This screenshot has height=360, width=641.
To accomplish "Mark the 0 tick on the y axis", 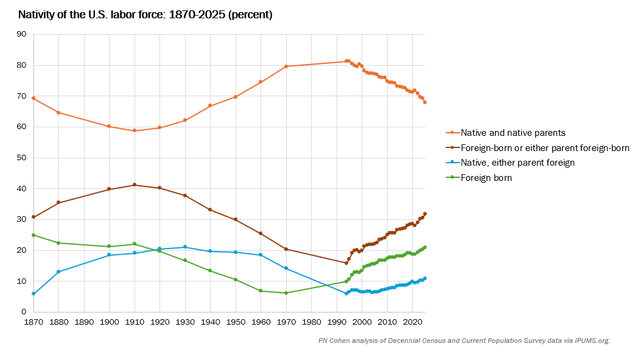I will pyautogui.click(x=24, y=312).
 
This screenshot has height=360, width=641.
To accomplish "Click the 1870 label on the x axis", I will pyautogui.click(x=33, y=321).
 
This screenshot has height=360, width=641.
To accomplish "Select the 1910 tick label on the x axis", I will pyautogui.click(x=135, y=321).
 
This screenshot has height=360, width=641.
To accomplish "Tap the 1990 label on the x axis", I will pyautogui.click(x=337, y=321).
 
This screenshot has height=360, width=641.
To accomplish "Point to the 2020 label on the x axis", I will pyautogui.click(x=413, y=321).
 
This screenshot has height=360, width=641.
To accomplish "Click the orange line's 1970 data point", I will pyautogui.click(x=286, y=66).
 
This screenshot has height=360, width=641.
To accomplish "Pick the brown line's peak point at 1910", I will pyautogui.click(x=135, y=185).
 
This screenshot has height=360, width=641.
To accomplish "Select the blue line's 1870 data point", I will pyautogui.click(x=33, y=294).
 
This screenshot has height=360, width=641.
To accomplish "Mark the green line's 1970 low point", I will pyautogui.click(x=286, y=293).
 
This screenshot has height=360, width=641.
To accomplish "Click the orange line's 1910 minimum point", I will pyautogui.click(x=135, y=130).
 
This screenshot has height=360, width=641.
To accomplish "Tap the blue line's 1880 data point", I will pyautogui.click(x=58, y=272).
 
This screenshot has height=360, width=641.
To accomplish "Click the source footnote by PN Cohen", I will pyautogui.click(x=464, y=341).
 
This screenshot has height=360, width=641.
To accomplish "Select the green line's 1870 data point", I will pyautogui.click(x=33, y=235).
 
